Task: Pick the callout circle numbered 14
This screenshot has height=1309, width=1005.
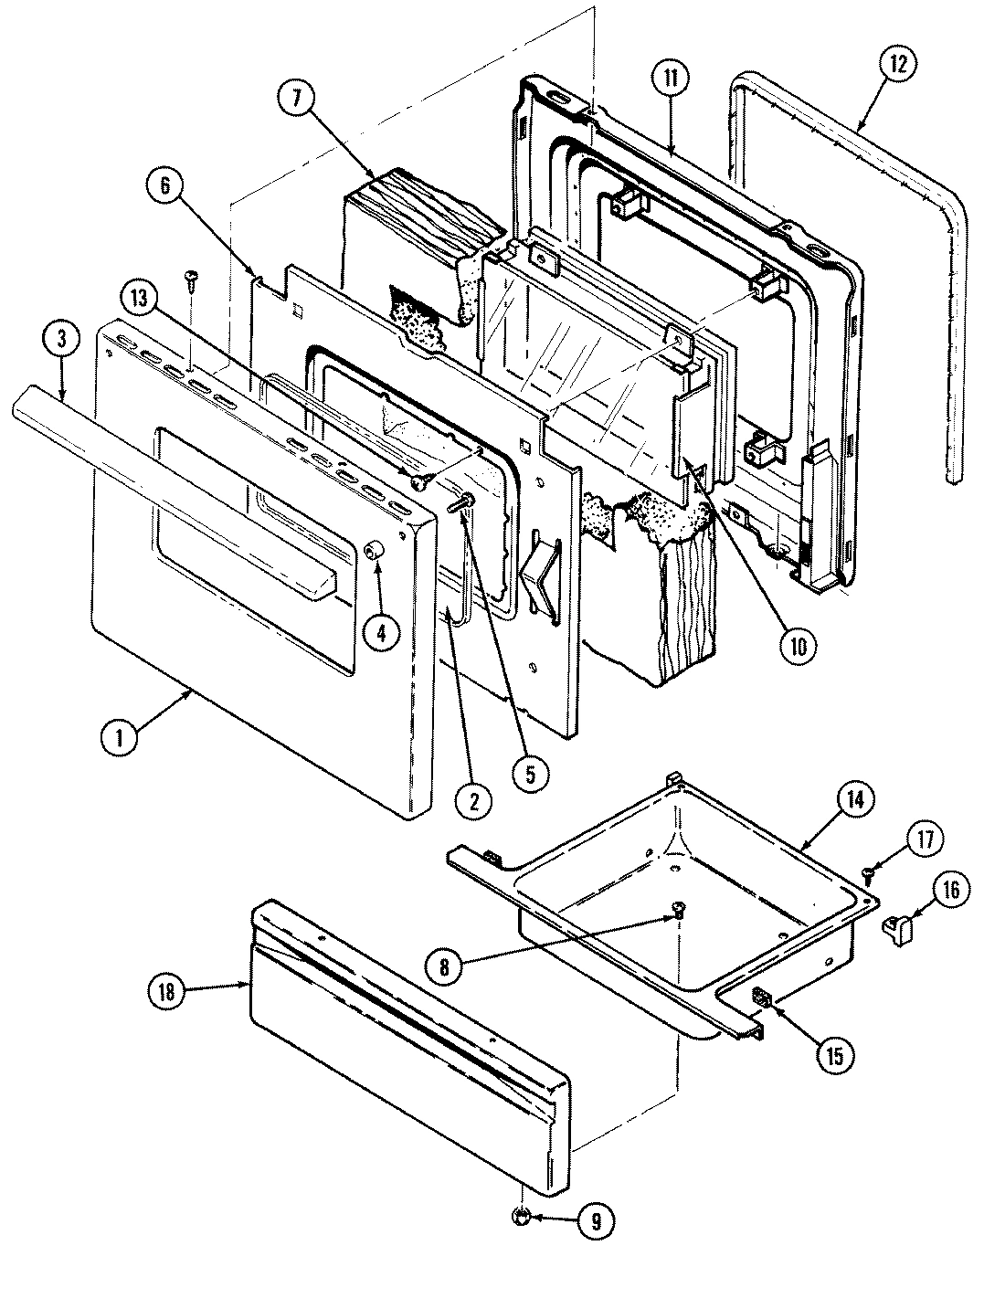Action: (853, 800)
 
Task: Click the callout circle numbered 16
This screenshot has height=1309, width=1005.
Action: (950, 890)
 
